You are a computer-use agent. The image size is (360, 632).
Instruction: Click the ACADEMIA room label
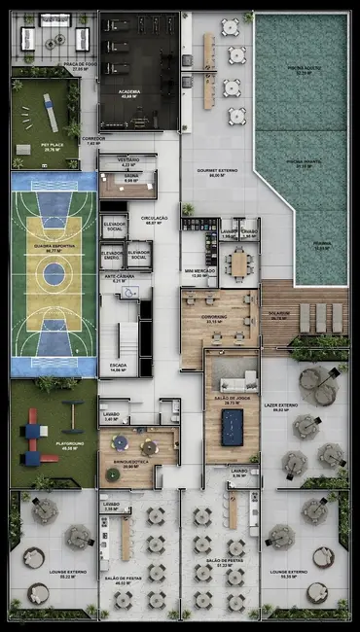(x=128, y=95)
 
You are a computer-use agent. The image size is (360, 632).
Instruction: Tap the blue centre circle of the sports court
(x=53, y=273)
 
